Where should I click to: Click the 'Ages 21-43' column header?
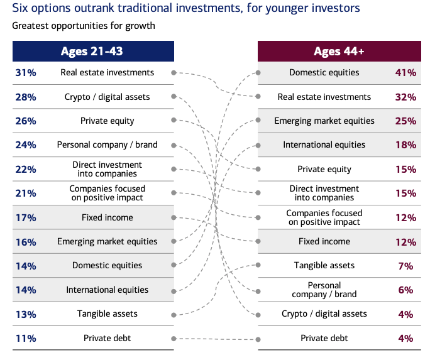(92, 52)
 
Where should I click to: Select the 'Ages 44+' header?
(339, 52)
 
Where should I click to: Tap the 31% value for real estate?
(26, 73)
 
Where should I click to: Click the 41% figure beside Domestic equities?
(405, 73)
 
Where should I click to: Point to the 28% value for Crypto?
(26, 97)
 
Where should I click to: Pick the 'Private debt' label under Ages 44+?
(324, 338)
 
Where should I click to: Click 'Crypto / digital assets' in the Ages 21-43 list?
(107, 97)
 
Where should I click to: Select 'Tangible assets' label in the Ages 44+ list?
(324, 265)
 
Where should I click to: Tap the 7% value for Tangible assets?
(405, 266)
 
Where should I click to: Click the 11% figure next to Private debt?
(26, 339)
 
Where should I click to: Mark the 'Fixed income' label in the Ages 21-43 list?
(107, 217)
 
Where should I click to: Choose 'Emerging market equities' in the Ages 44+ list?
(324, 121)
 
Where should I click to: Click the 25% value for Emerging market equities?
(405, 121)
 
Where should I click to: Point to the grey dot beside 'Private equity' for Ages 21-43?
(174, 120)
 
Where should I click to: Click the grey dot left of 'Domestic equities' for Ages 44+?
(258, 73)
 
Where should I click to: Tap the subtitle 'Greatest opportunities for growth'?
(84, 26)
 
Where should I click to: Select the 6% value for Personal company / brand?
(405, 290)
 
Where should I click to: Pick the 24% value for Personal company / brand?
(26, 145)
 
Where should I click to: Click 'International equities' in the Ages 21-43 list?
(107, 290)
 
